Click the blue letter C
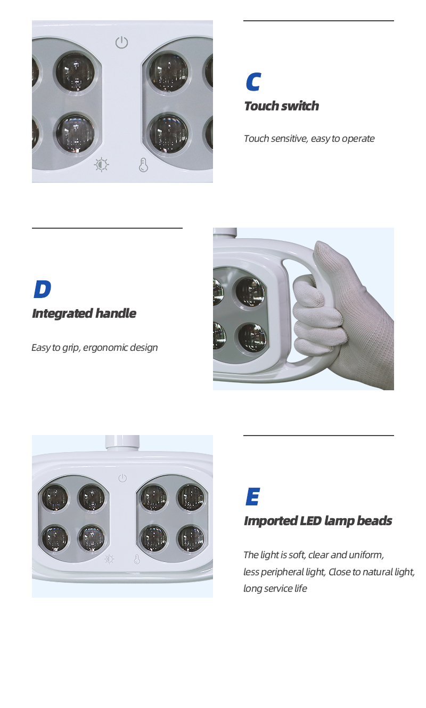(x=253, y=82)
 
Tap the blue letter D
(x=42, y=289)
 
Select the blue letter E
(x=252, y=497)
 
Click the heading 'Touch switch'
(x=281, y=106)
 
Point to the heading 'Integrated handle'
(x=84, y=313)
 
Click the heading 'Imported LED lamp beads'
(x=317, y=521)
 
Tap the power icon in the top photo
(x=122, y=42)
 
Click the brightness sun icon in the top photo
(x=101, y=165)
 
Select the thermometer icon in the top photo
(x=143, y=165)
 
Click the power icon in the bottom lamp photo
(x=122, y=478)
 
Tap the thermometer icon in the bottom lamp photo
(x=137, y=559)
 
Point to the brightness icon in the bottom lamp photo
(x=109, y=559)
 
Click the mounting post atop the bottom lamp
(x=122, y=442)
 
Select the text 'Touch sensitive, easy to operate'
(x=309, y=139)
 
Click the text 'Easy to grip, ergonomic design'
(x=94, y=348)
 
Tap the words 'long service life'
(x=275, y=589)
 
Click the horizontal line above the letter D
(x=107, y=228)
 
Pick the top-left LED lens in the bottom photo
(x=55, y=497)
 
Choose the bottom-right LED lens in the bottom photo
(x=190, y=538)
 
